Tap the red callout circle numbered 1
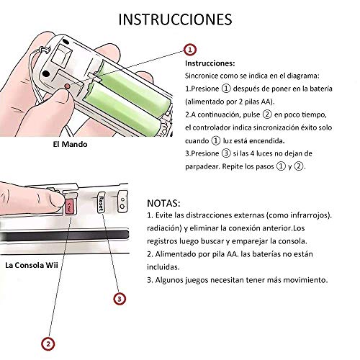pos(189,50)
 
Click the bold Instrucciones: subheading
pos(210,63)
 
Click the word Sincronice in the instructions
pos(207,76)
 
